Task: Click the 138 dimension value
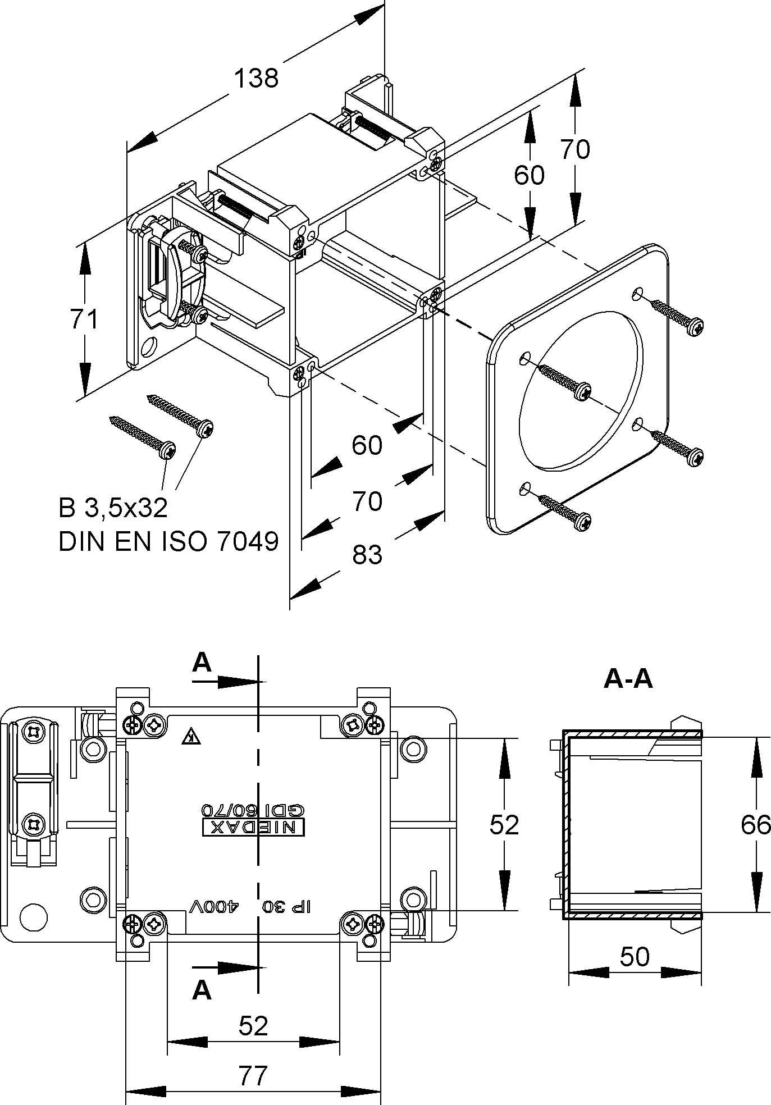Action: click(x=256, y=78)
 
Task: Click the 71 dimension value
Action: click(x=84, y=319)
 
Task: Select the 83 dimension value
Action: click(x=367, y=555)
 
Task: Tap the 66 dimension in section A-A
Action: click(x=755, y=825)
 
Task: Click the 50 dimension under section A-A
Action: click(x=635, y=956)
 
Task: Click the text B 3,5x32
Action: click(x=113, y=508)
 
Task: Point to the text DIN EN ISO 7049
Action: click(x=168, y=542)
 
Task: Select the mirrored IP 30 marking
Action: click(x=287, y=906)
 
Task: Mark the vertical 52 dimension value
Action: click(x=504, y=825)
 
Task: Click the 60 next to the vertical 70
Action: click(x=529, y=175)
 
